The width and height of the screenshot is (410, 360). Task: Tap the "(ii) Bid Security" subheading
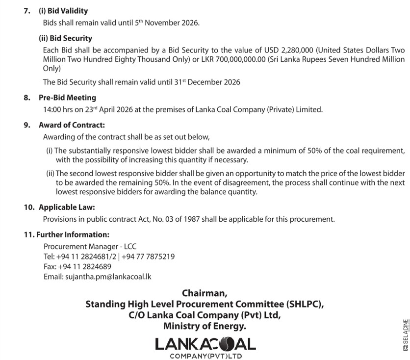tap(65, 38)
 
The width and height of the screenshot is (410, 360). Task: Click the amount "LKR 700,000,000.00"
tap(236, 59)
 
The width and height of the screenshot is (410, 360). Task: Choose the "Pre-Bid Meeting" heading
tap(67, 98)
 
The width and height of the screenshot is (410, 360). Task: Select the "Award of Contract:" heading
tap(72, 125)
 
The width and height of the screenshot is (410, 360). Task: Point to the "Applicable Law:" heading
tap(67, 207)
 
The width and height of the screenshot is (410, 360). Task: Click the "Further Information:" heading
tap(74, 235)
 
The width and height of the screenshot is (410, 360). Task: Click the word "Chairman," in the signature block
tap(205, 293)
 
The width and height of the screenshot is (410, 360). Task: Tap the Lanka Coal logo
tap(205, 345)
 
